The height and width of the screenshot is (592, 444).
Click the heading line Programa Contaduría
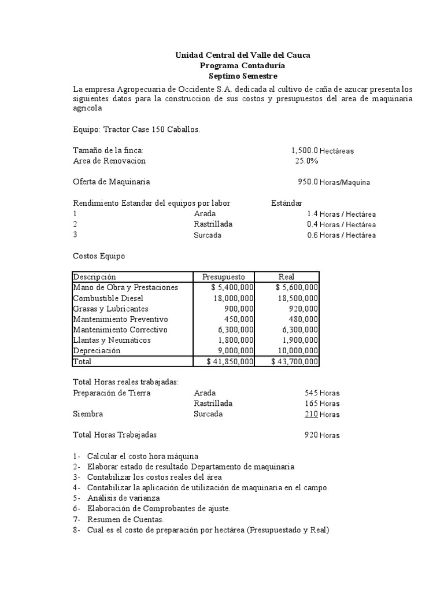point(242,66)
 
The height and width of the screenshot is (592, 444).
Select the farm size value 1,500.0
point(305,150)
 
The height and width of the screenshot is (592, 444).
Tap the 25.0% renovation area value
point(307,161)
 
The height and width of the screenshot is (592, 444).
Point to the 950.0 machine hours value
point(308,182)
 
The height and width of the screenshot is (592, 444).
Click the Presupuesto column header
point(224,277)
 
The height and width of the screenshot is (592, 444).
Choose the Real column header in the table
point(286,277)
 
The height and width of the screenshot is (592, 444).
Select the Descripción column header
point(95,277)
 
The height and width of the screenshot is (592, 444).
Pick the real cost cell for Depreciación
point(294,350)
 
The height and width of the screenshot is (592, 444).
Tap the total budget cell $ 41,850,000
point(230,361)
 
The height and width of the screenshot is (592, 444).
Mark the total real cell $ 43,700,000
point(294,361)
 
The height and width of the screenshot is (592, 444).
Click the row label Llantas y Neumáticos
point(112,340)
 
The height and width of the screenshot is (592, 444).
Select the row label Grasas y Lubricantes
point(110,309)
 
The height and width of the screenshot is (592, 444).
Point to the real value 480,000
point(303,319)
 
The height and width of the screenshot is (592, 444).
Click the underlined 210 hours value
point(311,414)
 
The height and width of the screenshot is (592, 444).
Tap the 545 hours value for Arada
point(311,393)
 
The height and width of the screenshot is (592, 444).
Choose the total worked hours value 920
point(311,435)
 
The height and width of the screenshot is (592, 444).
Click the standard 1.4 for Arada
point(313,214)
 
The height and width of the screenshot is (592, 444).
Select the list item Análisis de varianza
point(124,498)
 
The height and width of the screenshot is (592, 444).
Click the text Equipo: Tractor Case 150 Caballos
point(136,129)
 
